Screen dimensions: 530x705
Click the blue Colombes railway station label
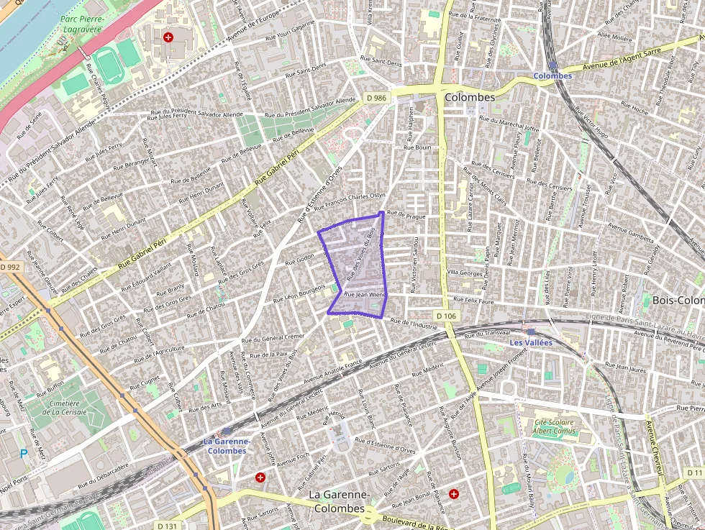tap(552, 76)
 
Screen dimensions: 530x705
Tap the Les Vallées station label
tap(530, 343)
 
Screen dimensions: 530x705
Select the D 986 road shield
tap(376, 97)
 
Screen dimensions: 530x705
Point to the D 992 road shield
tap(11, 267)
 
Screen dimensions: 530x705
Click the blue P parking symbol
tap(23, 454)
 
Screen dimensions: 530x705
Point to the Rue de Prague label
tap(406, 214)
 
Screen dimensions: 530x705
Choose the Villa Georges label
tap(464, 273)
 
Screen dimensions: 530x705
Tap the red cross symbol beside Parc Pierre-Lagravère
tap(168, 37)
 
